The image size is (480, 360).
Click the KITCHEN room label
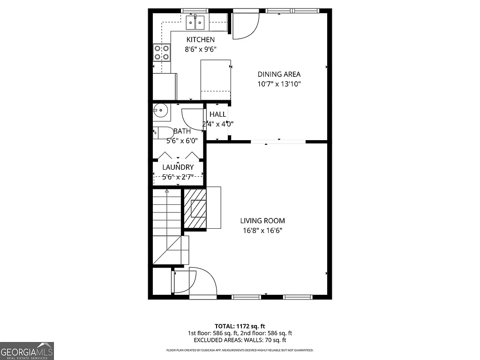click(201, 40)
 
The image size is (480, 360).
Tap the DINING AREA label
click(279, 74)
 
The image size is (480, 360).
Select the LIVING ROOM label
click(262, 221)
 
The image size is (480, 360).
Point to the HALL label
click(217, 114)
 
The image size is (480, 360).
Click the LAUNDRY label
click(178, 167)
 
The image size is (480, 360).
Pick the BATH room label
click(182, 131)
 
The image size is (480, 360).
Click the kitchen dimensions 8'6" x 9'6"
click(201, 49)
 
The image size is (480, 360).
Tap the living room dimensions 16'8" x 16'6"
click(262, 230)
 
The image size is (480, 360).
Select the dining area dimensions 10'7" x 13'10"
click(279, 84)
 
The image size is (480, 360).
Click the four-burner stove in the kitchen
click(162, 52)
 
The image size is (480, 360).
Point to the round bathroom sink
click(160, 111)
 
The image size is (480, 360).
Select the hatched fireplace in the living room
click(195, 208)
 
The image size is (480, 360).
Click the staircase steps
click(167, 216)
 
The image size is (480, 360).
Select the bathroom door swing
click(192, 120)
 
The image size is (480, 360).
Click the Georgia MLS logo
click(27, 351)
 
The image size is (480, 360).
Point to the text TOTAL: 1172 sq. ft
click(240, 326)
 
